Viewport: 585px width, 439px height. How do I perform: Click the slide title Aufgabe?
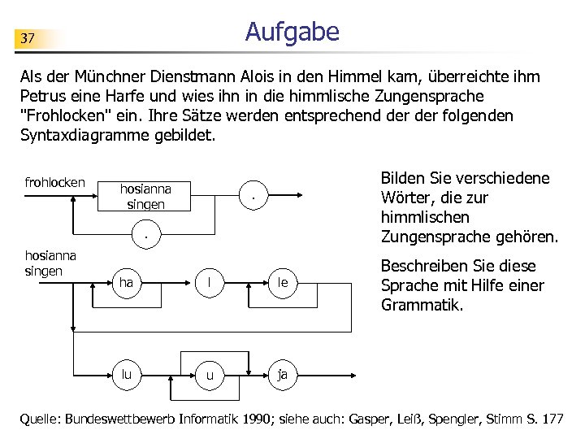[x=292, y=32]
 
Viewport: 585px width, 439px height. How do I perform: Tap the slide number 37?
[x=28, y=38]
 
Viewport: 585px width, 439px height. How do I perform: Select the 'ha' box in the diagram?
[x=128, y=283]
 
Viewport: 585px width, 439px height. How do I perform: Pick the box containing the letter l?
[x=210, y=283]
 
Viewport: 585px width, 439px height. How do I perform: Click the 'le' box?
[x=281, y=283]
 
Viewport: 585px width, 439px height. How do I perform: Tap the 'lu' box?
[x=128, y=375]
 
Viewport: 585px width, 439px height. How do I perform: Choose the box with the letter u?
[x=210, y=375]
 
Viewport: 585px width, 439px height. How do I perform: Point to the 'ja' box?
[x=281, y=375]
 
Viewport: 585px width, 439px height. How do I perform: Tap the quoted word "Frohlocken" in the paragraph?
[x=68, y=115]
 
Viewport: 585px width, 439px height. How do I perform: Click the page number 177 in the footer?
[x=550, y=419]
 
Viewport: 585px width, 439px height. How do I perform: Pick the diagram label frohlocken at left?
[x=54, y=182]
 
